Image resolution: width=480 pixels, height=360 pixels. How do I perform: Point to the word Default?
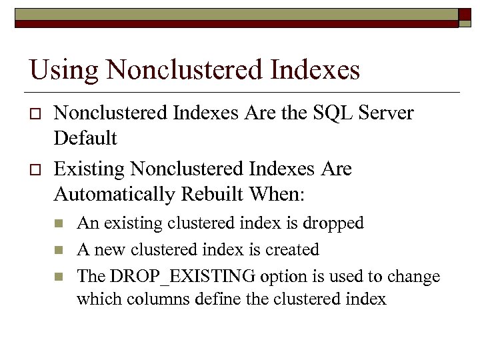click(85, 139)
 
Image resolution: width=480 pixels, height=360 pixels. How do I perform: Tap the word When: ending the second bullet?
click(279, 195)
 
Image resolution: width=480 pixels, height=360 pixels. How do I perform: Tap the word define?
click(219, 299)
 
